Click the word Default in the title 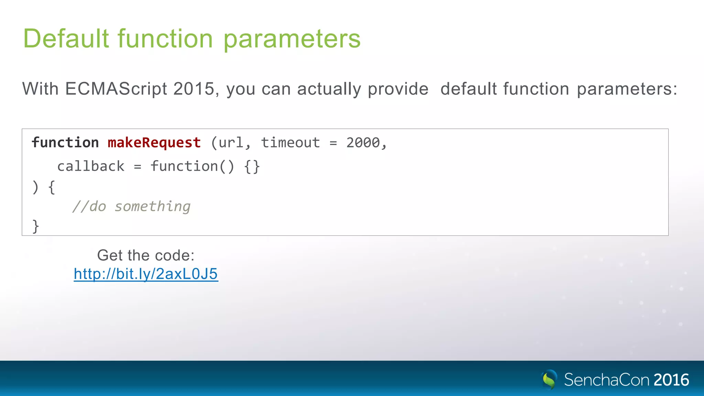pos(66,38)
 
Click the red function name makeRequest pos(154,143)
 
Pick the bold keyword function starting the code pos(65,143)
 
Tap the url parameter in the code pos(231,143)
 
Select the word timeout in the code pos(290,143)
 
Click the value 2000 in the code pos(363,143)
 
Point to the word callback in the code pos(91,166)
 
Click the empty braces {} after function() pos(252,167)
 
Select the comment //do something pos(131,207)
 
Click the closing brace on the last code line pos(35,226)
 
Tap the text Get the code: pos(146,255)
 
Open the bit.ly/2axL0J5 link pos(146,274)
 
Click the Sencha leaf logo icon pos(549,379)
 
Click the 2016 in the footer pos(671,380)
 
